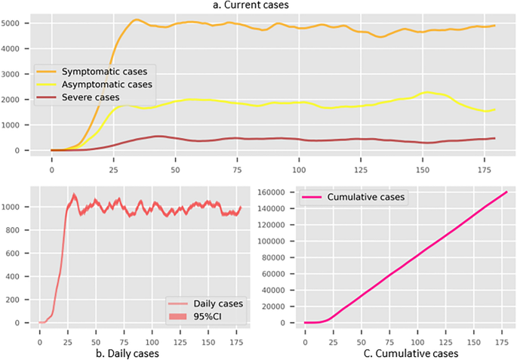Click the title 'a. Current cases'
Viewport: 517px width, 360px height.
(x=258, y=6)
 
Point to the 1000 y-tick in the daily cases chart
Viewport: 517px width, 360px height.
(x=17, y=207)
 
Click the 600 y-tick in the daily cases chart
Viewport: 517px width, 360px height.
(x=19, y=253)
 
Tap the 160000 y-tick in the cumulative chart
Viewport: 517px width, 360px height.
(x=272, y=192)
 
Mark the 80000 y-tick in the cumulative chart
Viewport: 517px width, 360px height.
(x=275, y=257)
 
